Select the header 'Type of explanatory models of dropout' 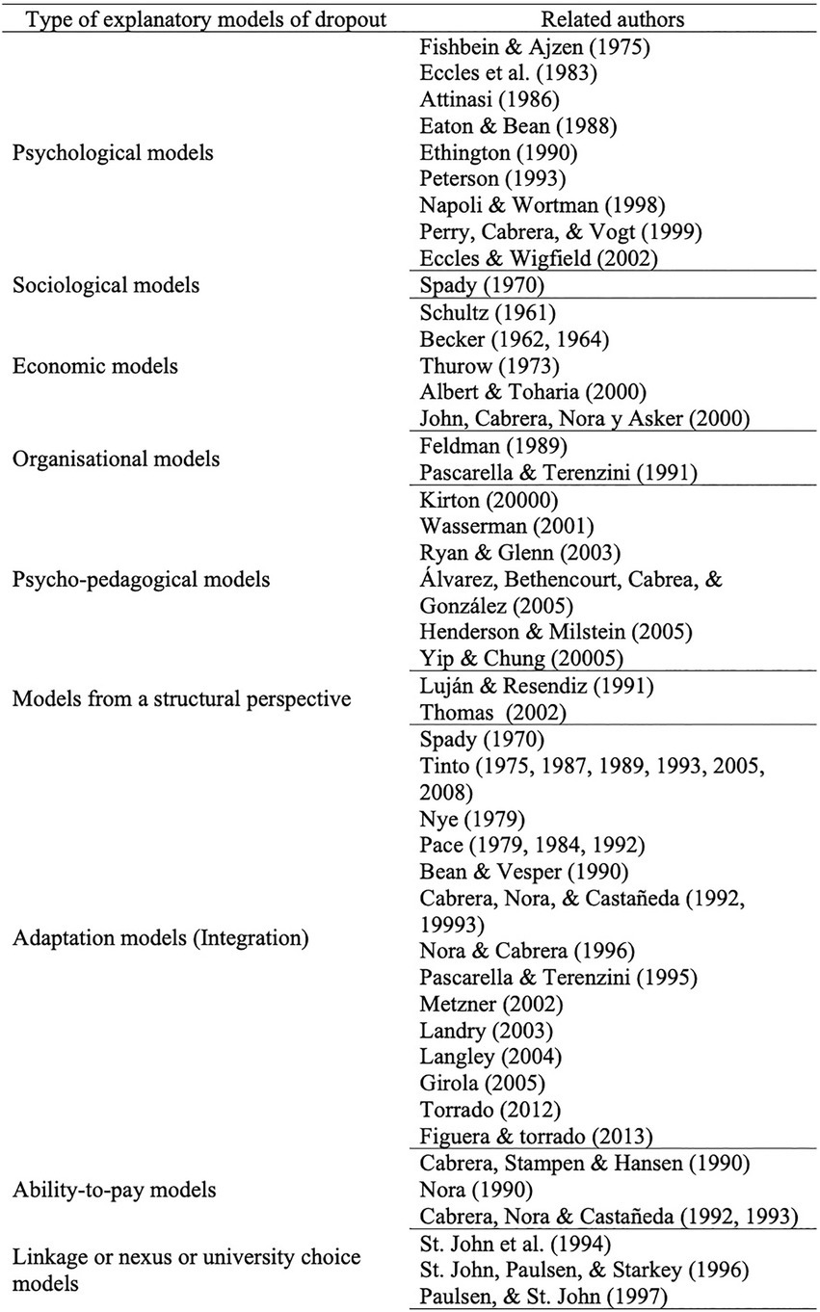[x=199, y=19]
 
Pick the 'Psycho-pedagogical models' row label [x=141, y=580]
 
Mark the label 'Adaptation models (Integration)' [x=160, y=937]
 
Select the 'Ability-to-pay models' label [x=115, y=1190]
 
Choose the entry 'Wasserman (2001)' [x=492, y=527]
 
